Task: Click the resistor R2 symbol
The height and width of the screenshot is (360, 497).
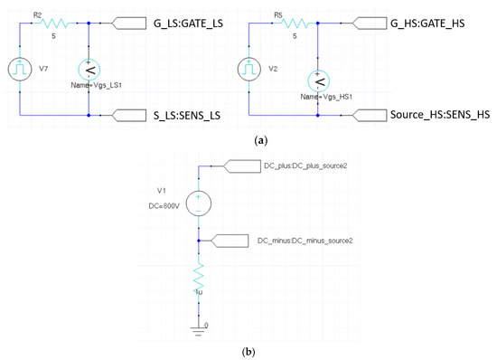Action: pyautogui.click(x=56, y=24)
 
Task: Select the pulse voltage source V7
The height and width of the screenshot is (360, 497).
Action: pyautogui.click(x=19, y=68)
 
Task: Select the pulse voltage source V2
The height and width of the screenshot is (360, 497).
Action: pyautogui.click(x=249, y=68)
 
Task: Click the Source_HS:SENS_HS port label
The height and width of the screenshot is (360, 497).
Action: pyautogui.click(x=425, y=116)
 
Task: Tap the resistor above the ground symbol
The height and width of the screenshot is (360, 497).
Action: pyautogui.click(x=199, y=276)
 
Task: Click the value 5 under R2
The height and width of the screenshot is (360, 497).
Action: pyautogui.click(x=62, y=38)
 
